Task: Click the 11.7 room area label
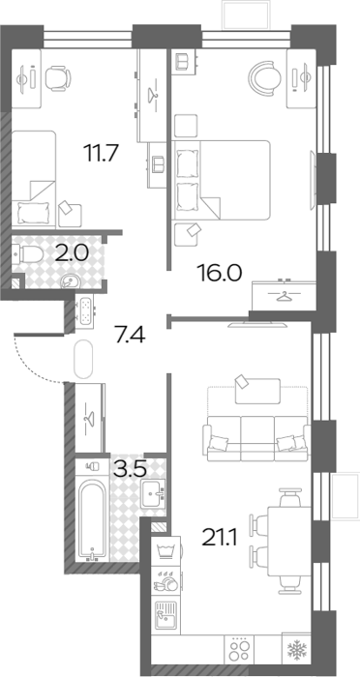(101, 153)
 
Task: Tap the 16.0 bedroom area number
(219, 273)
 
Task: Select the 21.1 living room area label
(220, 538)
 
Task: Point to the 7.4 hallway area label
(129, 335)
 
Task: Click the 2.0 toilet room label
(72, 252)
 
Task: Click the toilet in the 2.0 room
(27, 253)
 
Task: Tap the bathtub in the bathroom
(91, 519)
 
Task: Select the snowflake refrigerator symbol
(297, 649)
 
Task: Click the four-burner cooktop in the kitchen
(239, 649)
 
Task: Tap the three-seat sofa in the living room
(256, 439)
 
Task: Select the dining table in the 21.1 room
(289, 542)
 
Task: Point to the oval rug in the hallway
(83, 359)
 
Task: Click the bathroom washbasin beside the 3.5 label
(154, 492)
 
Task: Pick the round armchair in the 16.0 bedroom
(265, 76)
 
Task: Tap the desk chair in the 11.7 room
(57, 78)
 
